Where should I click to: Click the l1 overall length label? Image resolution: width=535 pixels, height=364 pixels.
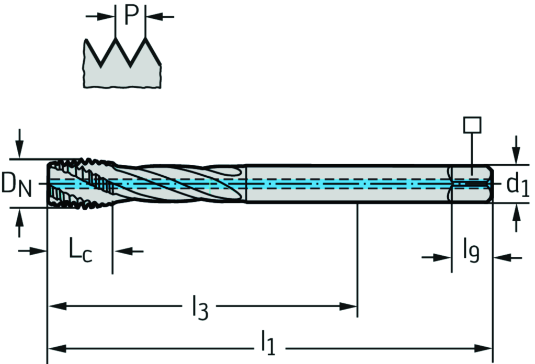point(268,343)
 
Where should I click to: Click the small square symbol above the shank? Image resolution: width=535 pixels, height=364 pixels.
point(472,125)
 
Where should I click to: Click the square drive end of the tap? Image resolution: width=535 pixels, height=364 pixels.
point(472,184)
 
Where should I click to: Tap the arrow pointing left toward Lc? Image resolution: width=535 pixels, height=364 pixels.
point(122,251)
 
